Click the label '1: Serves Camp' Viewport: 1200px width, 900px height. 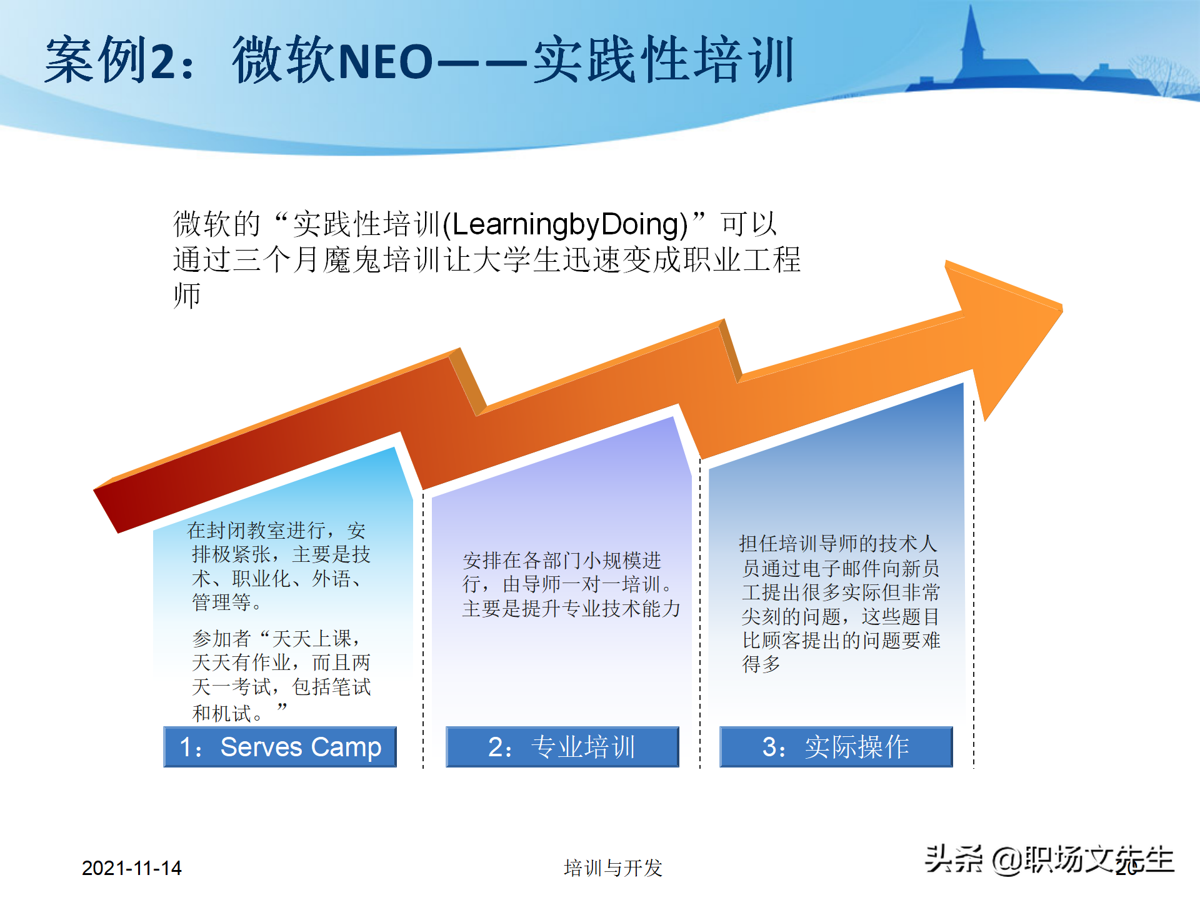[279, 747]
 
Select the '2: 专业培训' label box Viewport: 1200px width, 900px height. [562, 747]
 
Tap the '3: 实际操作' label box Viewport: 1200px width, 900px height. [836, 747]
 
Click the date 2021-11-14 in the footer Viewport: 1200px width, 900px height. [131, 868]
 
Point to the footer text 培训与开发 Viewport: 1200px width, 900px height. [612, 868]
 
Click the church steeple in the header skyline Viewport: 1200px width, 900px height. [971, 37]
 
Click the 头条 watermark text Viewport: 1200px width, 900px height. [953, 859]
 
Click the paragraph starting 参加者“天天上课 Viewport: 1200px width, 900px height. [281, 675]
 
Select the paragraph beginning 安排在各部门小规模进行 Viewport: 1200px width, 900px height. [570, 584]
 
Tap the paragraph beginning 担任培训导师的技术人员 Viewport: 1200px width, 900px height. [840, 604]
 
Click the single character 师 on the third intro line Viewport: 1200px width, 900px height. [187, 296]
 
